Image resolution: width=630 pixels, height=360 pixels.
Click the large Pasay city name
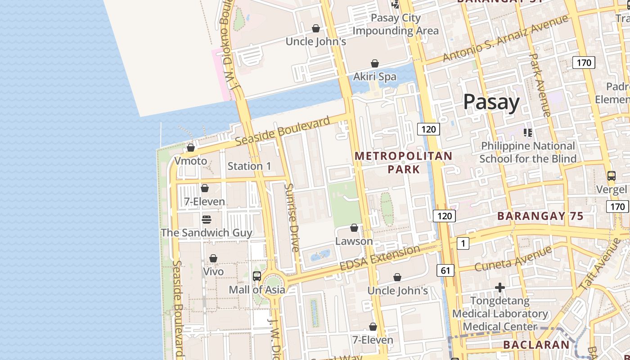(x=491, y=102)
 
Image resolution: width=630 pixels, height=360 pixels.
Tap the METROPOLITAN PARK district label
(x=404, y=162)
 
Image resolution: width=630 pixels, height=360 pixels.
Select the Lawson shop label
(x=354, y=241)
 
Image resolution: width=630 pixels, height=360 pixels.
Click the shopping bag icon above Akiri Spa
(x=375, y=63)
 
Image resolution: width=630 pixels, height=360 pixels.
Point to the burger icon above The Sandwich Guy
(x=206, y=219)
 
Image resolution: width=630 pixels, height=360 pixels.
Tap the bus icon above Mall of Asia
(x=257, y=276)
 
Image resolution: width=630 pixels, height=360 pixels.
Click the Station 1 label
(x=249, y=166)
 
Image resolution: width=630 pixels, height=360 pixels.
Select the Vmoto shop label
(x=190, y=161)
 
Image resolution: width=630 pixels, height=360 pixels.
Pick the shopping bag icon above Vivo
(x=213, y=258)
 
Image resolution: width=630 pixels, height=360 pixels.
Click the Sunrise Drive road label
(x=292, y=217)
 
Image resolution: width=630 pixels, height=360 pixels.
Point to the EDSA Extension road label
(x=380, y=258)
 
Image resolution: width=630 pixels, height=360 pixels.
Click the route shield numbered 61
(x=445, y=270)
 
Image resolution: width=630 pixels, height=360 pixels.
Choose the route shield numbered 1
(x=463, y=243)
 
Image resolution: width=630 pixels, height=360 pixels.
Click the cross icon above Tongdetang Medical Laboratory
(x=499, y=287)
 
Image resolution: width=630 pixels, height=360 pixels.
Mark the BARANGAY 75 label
(x=540, y=216)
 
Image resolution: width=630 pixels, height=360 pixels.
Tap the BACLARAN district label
(x=536, y=345)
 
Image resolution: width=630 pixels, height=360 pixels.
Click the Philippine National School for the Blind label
(x=528, y=152)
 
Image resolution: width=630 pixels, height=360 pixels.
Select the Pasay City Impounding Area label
(x=395, y=24)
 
